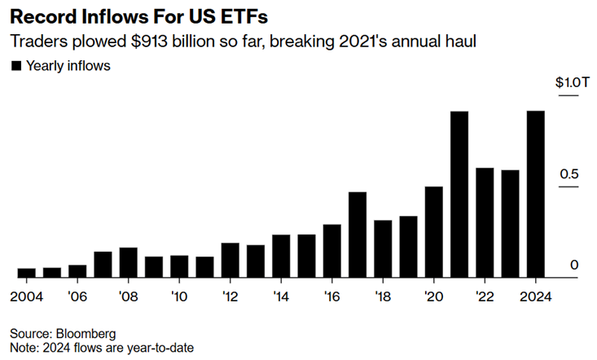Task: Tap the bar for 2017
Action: (357, 235)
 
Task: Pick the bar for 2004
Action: (27, 273)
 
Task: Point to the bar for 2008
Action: (128, 262)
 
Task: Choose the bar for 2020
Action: (433, 232)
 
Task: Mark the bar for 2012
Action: (230, 260)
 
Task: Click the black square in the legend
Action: (15, 66)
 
